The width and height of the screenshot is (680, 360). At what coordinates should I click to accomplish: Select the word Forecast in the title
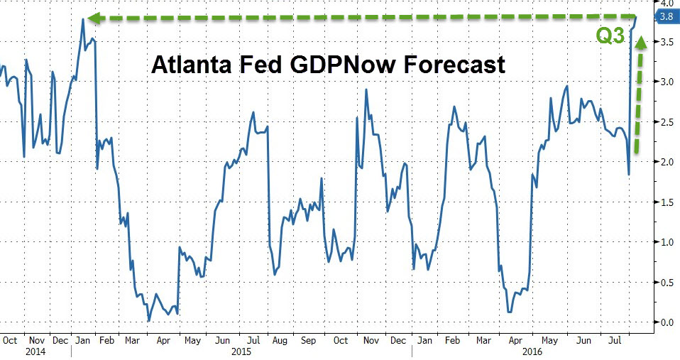click(451, 65)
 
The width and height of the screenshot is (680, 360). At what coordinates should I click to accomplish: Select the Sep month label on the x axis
click(309, 339)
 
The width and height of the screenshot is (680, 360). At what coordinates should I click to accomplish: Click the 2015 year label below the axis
click(241, 351)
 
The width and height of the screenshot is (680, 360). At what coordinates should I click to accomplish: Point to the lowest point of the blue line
click(148, 321)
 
